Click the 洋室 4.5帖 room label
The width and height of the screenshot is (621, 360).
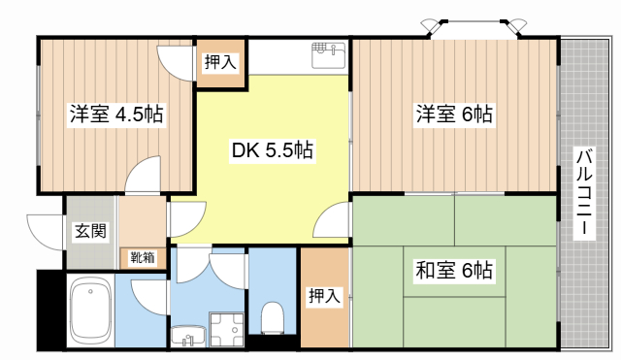115,114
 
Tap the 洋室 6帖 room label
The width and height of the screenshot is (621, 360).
455,114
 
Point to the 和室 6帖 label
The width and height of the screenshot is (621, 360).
455,270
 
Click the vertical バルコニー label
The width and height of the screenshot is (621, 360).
584,194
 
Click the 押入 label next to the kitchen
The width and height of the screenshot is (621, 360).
219,63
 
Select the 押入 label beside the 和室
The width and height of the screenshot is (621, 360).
324,297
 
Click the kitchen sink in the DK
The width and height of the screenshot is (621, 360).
328,54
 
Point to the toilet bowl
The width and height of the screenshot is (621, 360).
273,316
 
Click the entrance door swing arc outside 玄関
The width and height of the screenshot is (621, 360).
45,228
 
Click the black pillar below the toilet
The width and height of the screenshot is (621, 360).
272,342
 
